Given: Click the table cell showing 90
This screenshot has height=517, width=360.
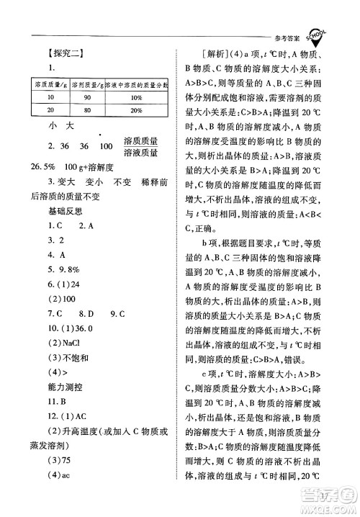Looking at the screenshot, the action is tap(89, 97).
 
